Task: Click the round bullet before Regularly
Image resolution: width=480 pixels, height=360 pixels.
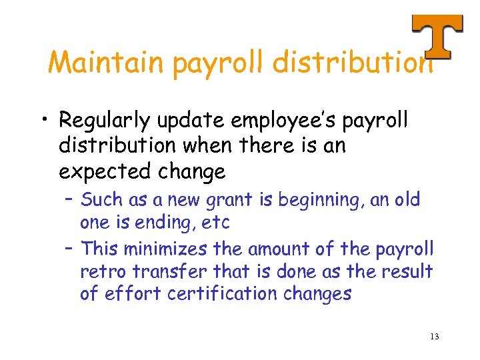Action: click(43, 121)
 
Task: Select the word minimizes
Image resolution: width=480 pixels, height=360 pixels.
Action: click(166, 249)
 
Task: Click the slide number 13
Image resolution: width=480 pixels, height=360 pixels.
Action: click(434, 336)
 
